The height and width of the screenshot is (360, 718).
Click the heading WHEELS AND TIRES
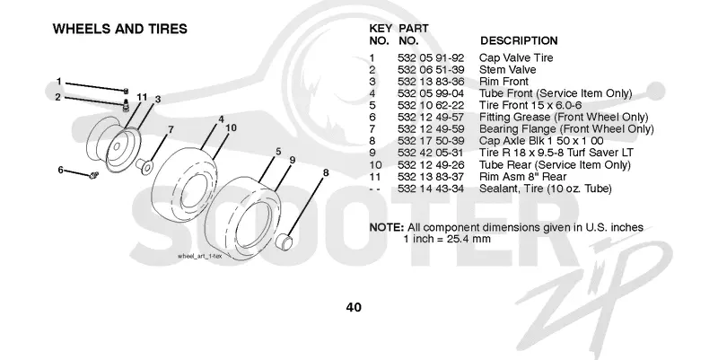coord(120,29)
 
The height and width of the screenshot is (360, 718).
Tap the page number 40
coord(354,307)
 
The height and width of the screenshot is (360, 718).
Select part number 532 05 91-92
coord(431,57)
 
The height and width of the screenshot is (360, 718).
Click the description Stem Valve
coord(507,70)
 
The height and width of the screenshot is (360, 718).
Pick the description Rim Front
coord(503,82)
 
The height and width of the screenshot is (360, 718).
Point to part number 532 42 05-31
coord(431,153)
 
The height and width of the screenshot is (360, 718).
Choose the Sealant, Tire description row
coord(546,189)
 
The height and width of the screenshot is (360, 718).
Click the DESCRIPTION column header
coord(519,40)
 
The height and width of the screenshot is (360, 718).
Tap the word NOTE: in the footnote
coord(387,228)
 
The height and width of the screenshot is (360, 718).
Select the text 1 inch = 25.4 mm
coord(447,239)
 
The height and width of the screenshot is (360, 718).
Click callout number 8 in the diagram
coord(326,172)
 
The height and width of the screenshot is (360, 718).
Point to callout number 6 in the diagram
coord(60,170)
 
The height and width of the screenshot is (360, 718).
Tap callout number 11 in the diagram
coord(142,97)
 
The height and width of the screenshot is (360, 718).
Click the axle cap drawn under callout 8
coord(285,241)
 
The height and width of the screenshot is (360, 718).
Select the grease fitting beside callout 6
coord(94,175)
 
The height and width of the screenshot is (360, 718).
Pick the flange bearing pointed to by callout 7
coord(144,166)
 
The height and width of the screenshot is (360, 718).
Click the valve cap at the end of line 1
coord(126,91)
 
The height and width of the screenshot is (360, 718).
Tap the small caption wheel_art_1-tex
coord(199,256)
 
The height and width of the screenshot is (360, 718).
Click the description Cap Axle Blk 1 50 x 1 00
coord(541,141)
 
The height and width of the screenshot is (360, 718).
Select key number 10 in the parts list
coord(375,165)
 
